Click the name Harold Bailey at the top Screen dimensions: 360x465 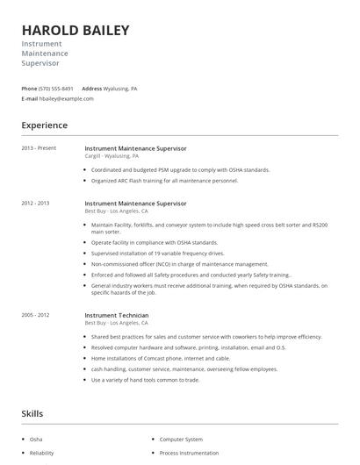[x=76, y=30]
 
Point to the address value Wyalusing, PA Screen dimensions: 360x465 [x=121, y=89]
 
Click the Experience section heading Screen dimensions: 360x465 [x=44, y=125]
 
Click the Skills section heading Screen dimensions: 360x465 [x=33, y=413]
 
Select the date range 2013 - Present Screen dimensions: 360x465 [x=39, y=148]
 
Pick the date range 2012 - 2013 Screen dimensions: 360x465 [x=36, y=203]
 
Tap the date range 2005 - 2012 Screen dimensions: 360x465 [x=36, y=314]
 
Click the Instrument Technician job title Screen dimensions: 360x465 [x=117, y=315]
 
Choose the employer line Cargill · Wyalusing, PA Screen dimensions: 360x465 [x=112, y=156]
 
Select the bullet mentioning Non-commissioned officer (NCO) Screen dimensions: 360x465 [x=180, y=263]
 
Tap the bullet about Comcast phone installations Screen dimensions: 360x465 [x=161, y=358]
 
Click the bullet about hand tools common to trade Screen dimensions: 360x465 [x=146, y=379]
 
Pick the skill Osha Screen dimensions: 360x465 [x=36, y=439]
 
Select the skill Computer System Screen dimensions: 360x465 [x=181, y=439]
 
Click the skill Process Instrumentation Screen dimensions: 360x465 [x=191, y=453]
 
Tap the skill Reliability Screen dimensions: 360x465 [x=41, y=453]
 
